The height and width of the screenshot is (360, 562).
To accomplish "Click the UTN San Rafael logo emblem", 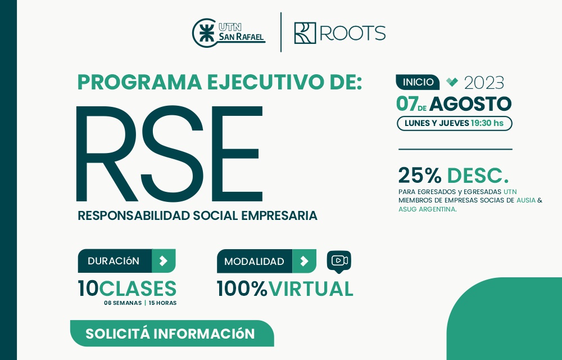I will click(x=205, y=33).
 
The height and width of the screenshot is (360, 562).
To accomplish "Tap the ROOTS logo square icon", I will click(x=305, y=33).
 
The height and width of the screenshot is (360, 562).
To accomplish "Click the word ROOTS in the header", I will click(x=352, y=33).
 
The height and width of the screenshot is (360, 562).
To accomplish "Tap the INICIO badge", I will click(x=418, y=82).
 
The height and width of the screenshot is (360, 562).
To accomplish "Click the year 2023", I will click(x=484, y=83).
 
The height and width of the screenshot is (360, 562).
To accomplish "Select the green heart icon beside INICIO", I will click(x=452, y=82).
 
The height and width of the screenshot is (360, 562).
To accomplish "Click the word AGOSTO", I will click(x=470, y=104).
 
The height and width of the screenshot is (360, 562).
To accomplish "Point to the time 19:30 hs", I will click(x=487, y=123).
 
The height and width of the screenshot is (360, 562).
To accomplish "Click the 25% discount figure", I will click(x=419, y=175).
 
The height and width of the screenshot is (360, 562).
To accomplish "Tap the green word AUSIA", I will click(x=526, y=200).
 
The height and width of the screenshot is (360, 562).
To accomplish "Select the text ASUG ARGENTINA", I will click(x=427, y=209).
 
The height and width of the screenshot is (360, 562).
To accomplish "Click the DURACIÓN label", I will click(x=114, y=261).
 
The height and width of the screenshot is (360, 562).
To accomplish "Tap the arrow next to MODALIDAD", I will click(x=304, y=261).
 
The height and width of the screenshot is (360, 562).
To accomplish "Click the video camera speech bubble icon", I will click(x=339, y=261).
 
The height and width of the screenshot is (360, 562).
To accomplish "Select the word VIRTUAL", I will click(x=311, y=289).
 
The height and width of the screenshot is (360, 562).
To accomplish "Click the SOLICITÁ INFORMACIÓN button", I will click(x=170, y=334).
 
